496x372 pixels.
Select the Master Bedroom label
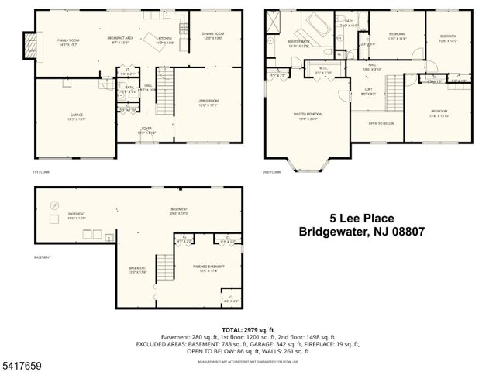308,115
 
